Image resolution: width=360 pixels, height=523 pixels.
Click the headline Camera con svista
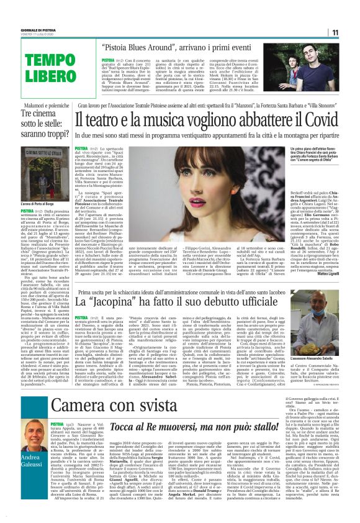(112, 406)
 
